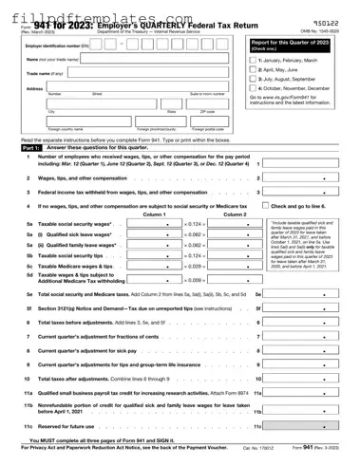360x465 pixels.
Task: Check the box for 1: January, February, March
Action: tap(253, 60)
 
